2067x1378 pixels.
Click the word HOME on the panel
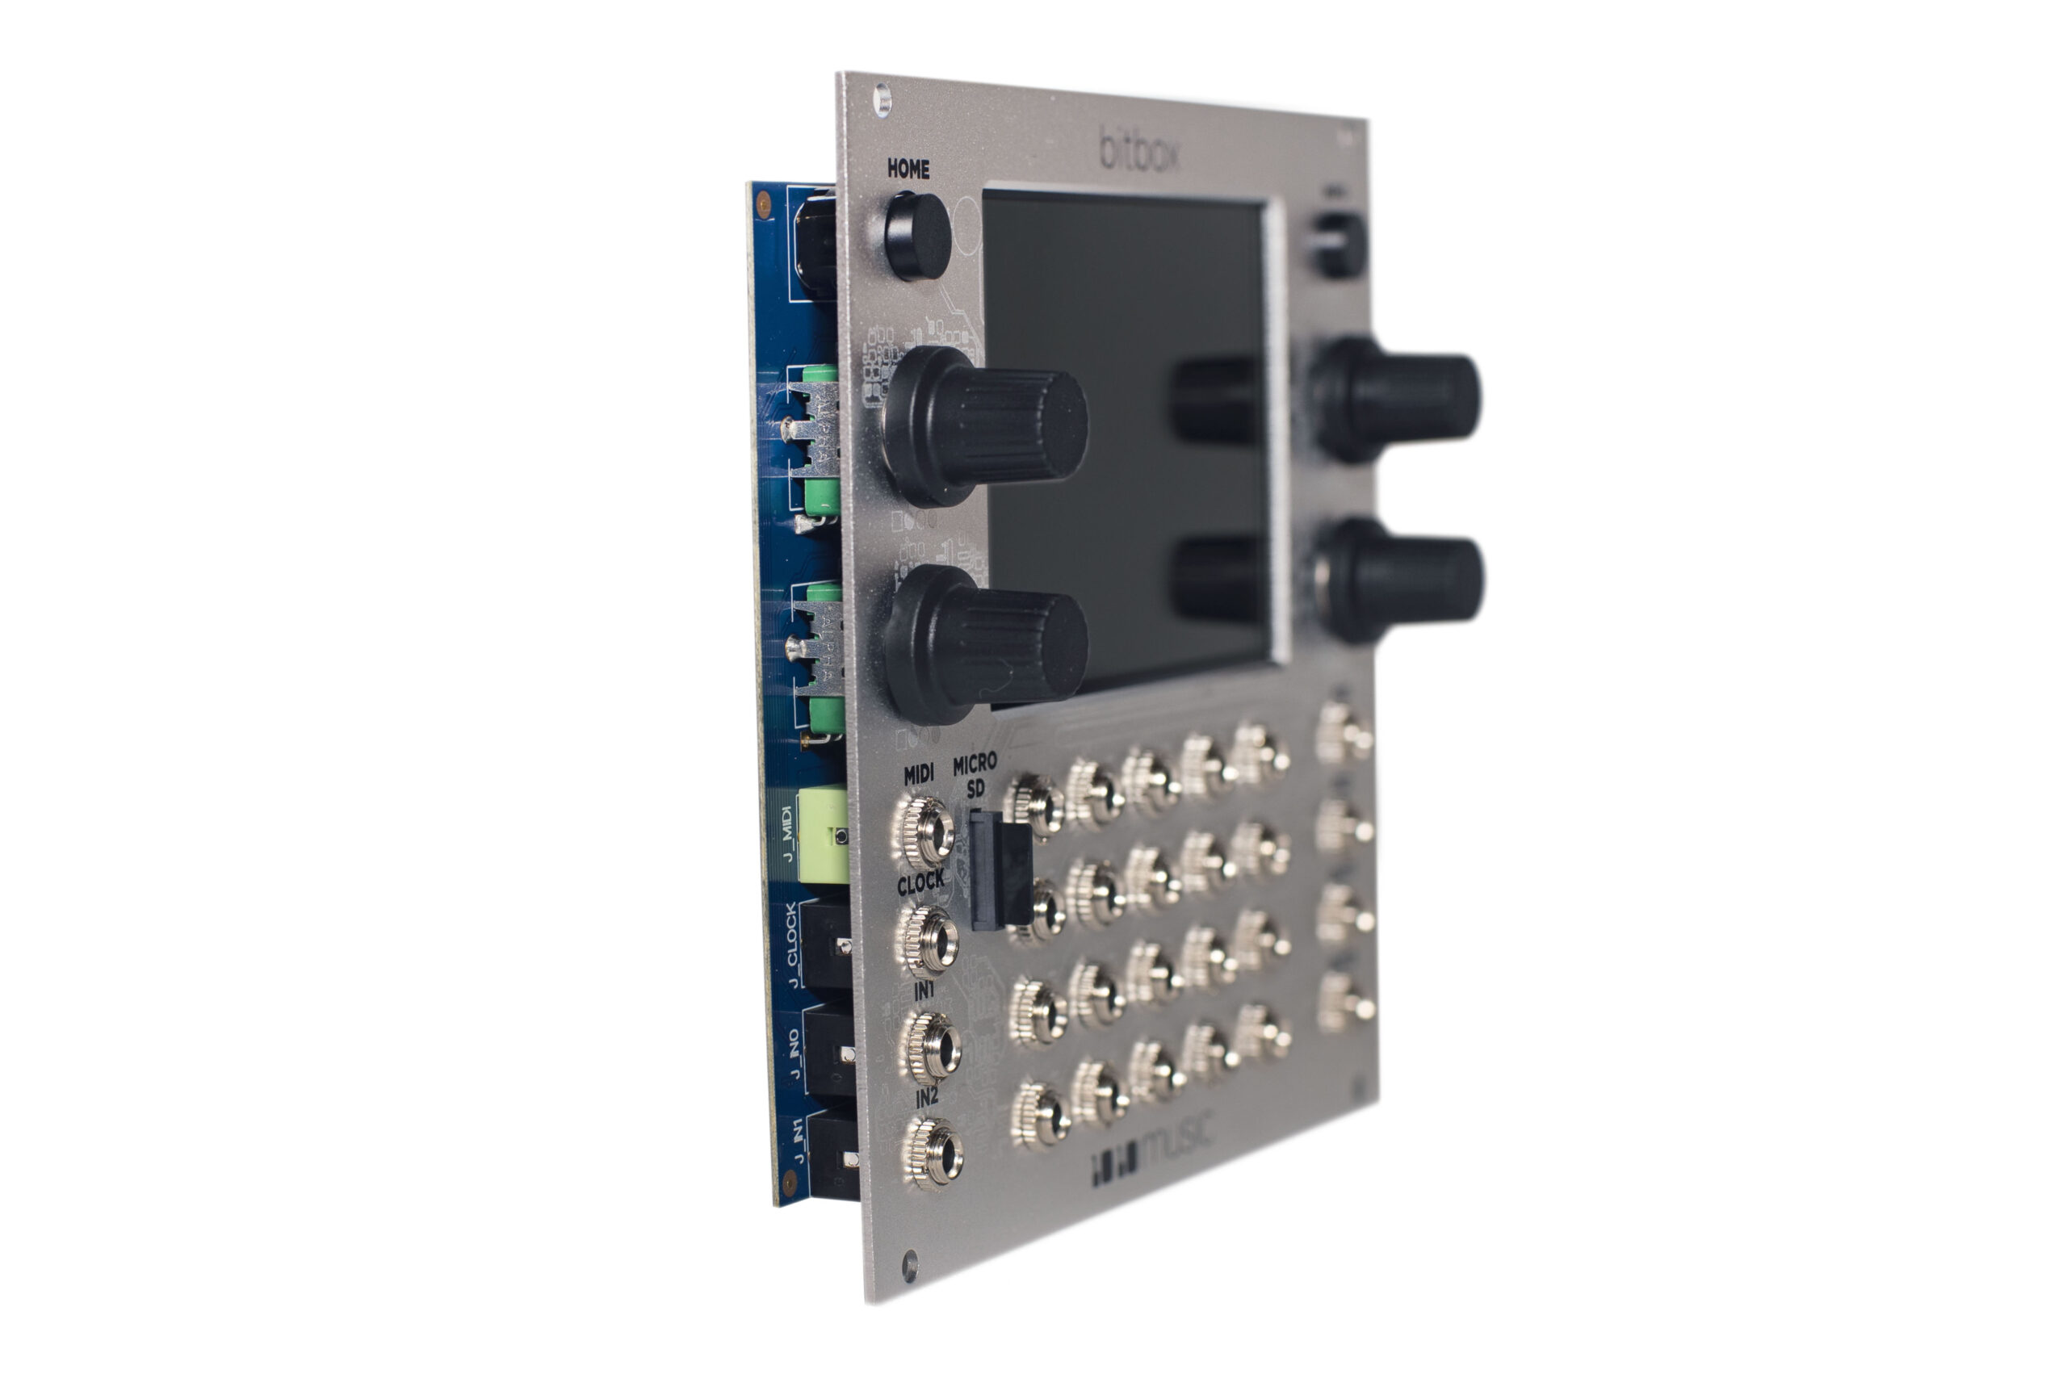pyautogui.click(x=907, y=169)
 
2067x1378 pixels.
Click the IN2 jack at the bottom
pyautogui.click(x=933, y=1153)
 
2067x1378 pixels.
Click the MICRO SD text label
pyautogui.click(x=975, y=775)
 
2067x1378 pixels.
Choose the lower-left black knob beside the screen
pyautogui.click(x=986, y=646)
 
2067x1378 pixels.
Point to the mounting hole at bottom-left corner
pyautogui.click(x=910, y=1267)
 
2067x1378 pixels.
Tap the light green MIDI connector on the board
pyautogui.click(x=823, y=835)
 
